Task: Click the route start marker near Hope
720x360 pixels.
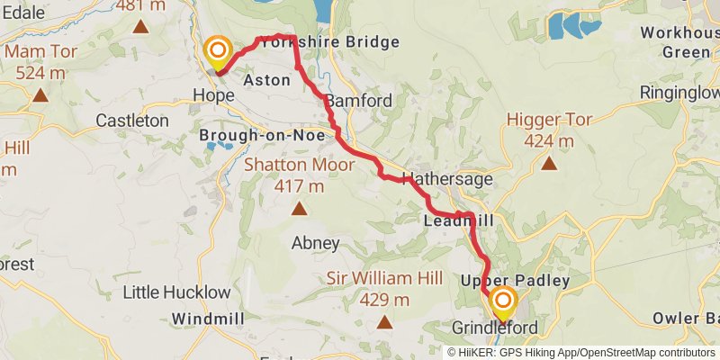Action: click(217, 51)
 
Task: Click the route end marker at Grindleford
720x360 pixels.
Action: click(502, 301)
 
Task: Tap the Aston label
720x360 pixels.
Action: click(267, 80)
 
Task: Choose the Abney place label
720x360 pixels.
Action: click(315, 243)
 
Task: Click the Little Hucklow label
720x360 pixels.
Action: click(176, 292)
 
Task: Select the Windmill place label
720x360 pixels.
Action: click(204, 319)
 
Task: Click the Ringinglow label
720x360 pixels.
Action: click(679, 93)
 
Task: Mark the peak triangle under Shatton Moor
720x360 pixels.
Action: click(298, 209)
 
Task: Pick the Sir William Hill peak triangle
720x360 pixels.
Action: click(384, 321)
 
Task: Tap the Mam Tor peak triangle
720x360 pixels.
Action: click(40, 94)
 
